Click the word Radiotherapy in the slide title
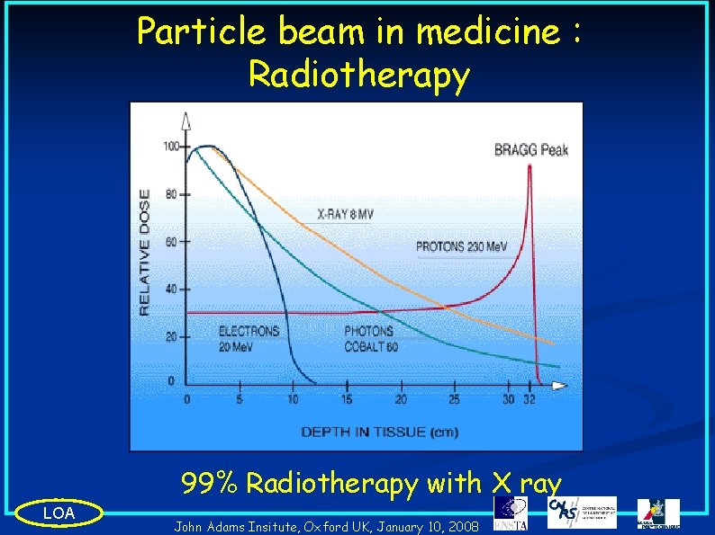pyautogui.click(x=358, y=76)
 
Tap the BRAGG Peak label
pyautogui.click(x=530, y=150)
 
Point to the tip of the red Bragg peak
pyautogui.click(x=529, y=165)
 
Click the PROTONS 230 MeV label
pyautogui.click(x=462, y=246)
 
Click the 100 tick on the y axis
pyautogui.click(x=170, y=146)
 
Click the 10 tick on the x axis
pyautogui.click(x=293, y=398)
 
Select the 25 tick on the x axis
pyautogui.click(x=454, y=398)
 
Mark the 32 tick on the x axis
pyautogui.click(x=529, y=398)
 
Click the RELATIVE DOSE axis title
pyautogui.click(x=144, y=251)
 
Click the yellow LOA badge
pyautogui.click(x=59, y=513)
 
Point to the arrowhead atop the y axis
pyautogui.click(x=186, y=120)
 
